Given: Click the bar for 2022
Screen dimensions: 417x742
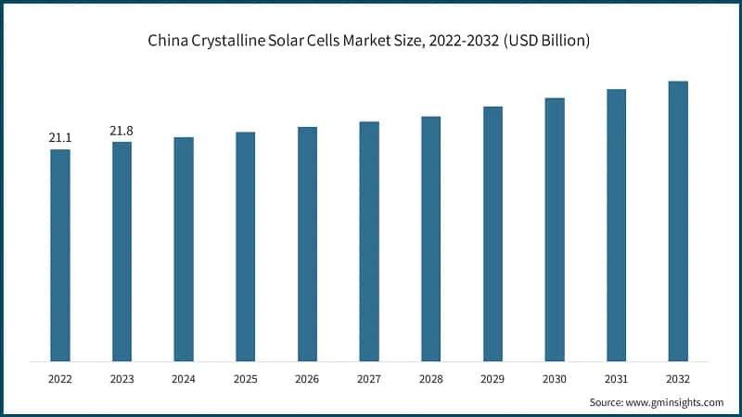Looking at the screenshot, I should click(x=60, y=255).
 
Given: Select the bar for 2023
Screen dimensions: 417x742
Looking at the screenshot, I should click(x=122, y=251).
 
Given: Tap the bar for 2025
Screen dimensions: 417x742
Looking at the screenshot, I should click(x=245, y=246).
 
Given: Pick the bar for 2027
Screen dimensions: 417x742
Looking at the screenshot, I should click(x=369, y=241).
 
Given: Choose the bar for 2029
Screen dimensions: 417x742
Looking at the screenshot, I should click(x=493, y=234).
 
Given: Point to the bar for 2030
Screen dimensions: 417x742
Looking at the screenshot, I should click(x=555, y=229).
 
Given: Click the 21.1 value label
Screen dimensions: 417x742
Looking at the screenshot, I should click(x=60, y=138).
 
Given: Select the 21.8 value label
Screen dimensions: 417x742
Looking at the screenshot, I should click(x=122, y=131).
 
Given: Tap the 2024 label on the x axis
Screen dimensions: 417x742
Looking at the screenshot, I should click(x=184, y=379).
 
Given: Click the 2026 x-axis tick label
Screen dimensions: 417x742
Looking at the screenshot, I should click(x=307, y=379).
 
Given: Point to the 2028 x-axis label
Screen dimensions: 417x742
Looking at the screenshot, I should click(x=430, y=379).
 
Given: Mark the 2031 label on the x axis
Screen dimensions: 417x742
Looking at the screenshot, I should click(x=616, y=379).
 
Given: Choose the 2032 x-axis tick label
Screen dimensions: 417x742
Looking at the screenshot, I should click(x=678, y=379).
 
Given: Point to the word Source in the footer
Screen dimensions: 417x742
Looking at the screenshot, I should click(x=608, y=402).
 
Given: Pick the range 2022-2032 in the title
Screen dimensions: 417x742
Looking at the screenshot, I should click(x=456, y=42).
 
